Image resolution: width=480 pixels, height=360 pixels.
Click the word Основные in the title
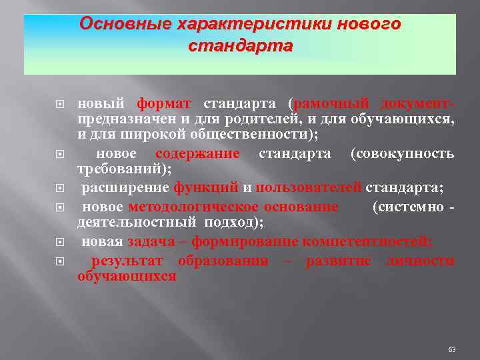[x=125, y=24]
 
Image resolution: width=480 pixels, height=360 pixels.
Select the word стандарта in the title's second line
[x=240, y=47]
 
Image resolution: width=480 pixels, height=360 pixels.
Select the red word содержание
[x=202, y=154]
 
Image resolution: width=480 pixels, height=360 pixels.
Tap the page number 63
[x=452, y=349]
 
